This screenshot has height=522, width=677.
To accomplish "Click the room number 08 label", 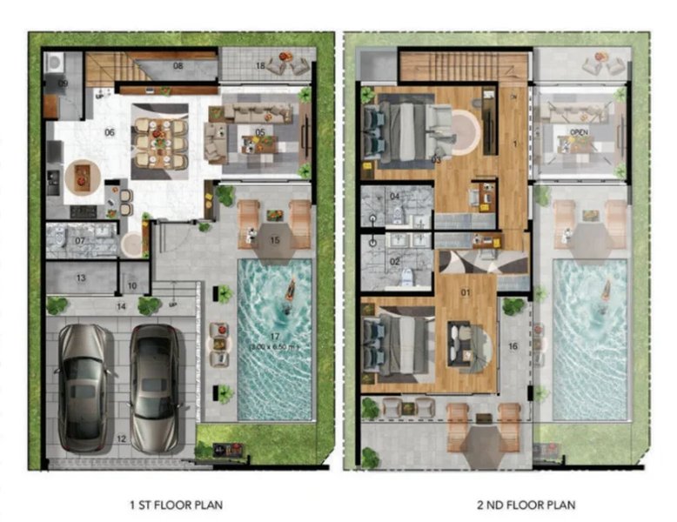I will click(178, 65).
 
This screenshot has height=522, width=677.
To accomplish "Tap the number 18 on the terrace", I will click(260, 65).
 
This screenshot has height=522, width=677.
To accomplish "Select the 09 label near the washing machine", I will click(63, 83).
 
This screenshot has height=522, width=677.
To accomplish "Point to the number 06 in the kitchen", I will click(110, 132).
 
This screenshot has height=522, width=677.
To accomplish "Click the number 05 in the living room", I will click(260, 132).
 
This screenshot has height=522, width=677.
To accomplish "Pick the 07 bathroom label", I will click(79, 240).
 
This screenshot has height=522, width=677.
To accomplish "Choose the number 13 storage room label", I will click(79, 278).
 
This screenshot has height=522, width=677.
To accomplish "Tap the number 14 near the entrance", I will click(121, 306).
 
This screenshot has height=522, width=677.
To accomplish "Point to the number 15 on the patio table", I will click(274, 239).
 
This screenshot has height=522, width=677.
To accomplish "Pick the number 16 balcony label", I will click(513, 346).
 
